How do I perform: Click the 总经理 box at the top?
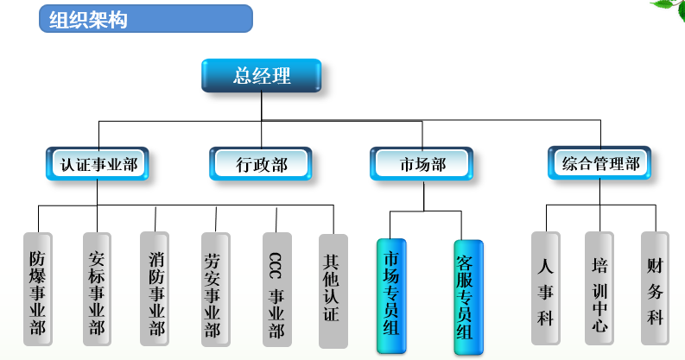click(261, 76)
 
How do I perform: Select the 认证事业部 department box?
click(98, 162)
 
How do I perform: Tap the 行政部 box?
click(261, 163)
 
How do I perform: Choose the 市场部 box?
click(422, 163)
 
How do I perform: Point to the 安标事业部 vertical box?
click(98, 288)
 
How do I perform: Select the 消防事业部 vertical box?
click(155, 288)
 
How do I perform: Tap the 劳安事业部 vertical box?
click(214, 288)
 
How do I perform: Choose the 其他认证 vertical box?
click(333, 288)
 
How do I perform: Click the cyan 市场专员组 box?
click(391, 294)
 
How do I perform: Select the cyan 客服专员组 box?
click(467, 296)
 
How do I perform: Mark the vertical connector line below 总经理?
click(261, 107)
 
